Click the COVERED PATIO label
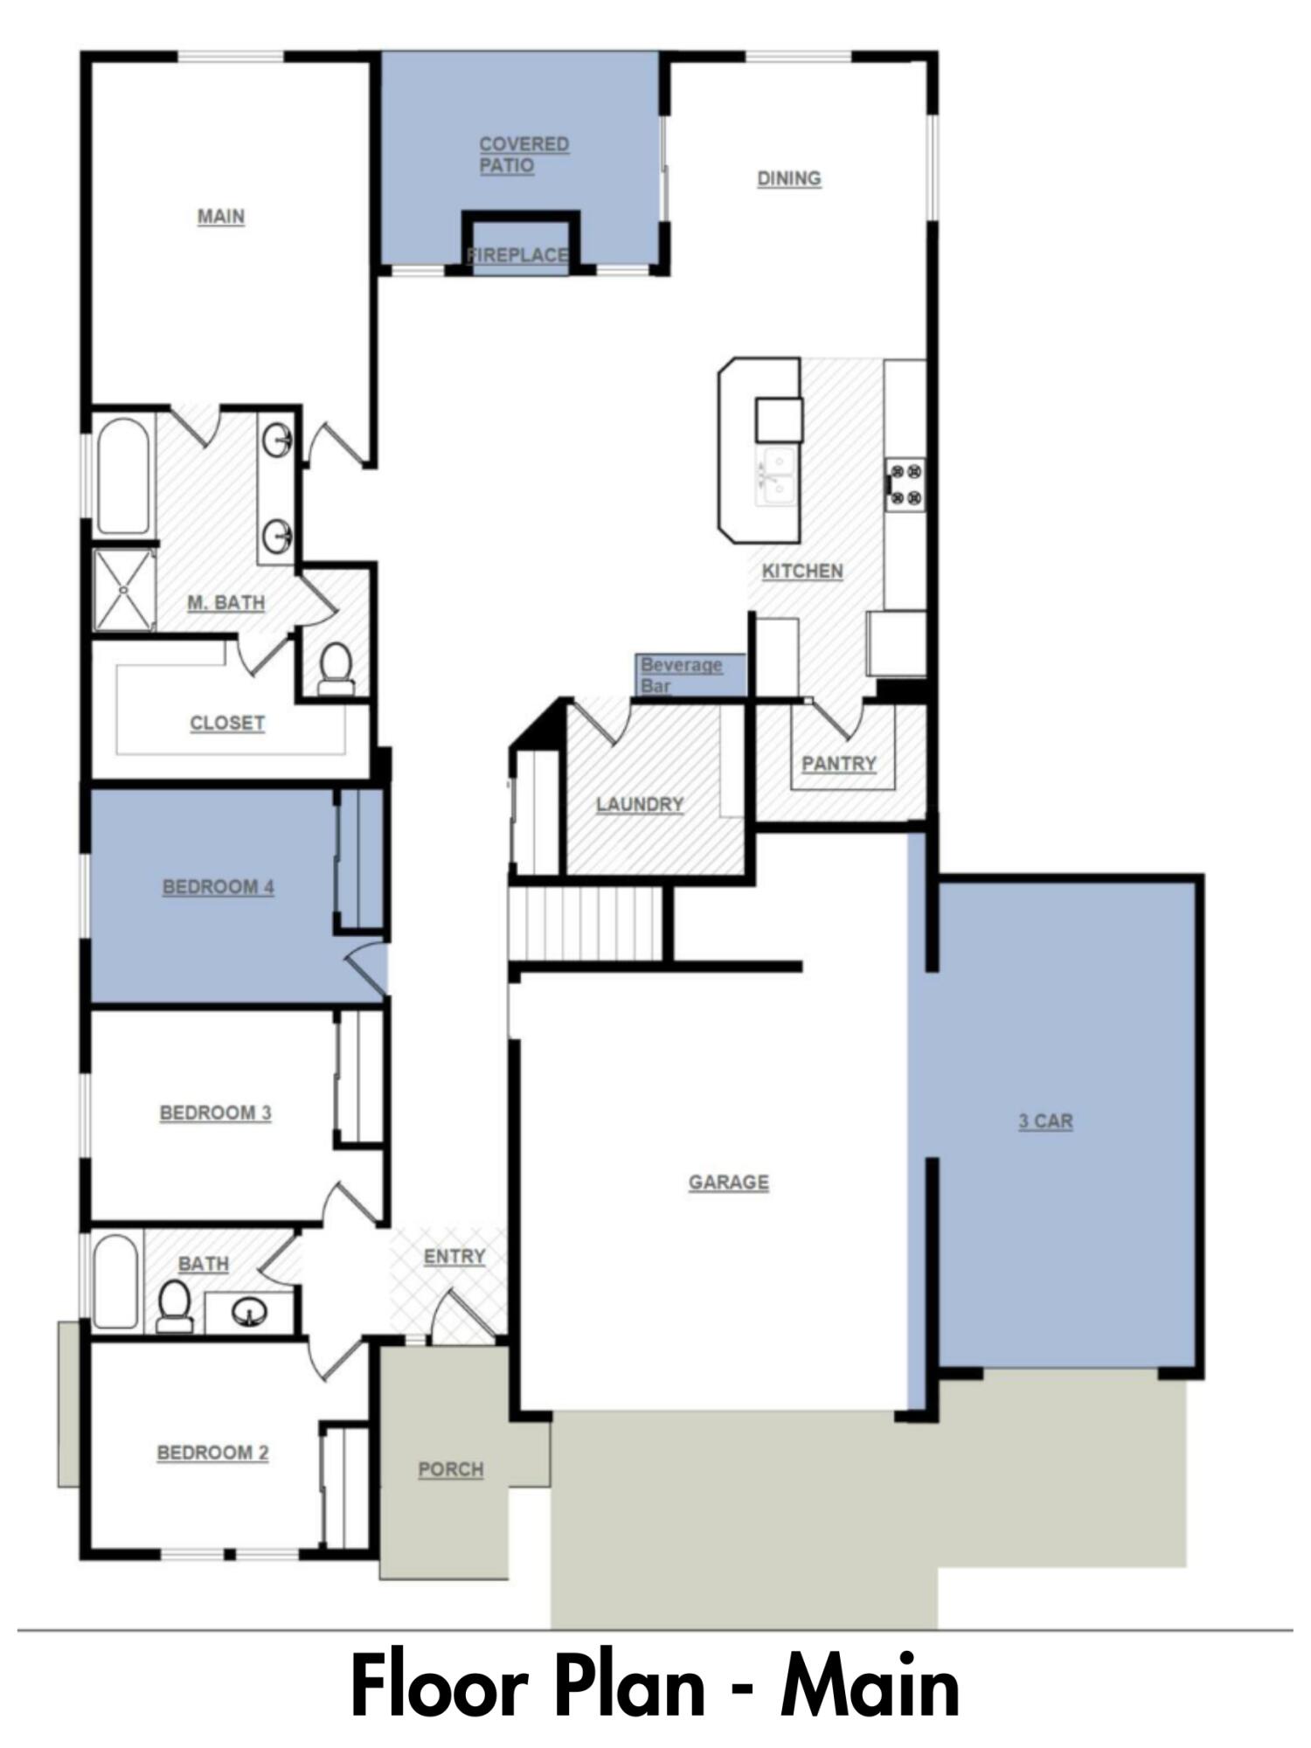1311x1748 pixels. pyautogui.click(x=524, y=155)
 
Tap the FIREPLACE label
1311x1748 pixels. pyautogui.click(x=518, y=255)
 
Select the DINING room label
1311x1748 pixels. pyautogui.click(x=788, y=178)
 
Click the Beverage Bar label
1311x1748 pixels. pyautogui.click(x=682, y=675)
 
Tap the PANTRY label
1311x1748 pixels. pyautogui.click(x=839, y=763)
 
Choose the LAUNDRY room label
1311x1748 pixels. pyautogui.click(x=640, y=804)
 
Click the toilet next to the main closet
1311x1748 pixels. pyautogui.click(x=336, y=669)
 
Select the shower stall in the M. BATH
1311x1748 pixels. pyautogui.click(x=124, y=590)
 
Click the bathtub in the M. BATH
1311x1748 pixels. pyautogui.click(x=123, y=476)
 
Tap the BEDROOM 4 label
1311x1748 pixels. pyautogui.click(x=218, y=887)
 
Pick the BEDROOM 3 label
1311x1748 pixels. pyautogui.click(x=215, y=1113)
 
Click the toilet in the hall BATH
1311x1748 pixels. pyautogui.click(x=175, y=1306)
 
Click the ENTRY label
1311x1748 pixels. pyautogui.click(x=454, y=1256)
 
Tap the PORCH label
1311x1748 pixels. pyautogui.click(x=451, y=1469)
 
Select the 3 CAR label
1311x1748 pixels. pyautogui.click(x=1045, y=1121)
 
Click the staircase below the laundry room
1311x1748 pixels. pyautogui.click(x=586, y=923)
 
